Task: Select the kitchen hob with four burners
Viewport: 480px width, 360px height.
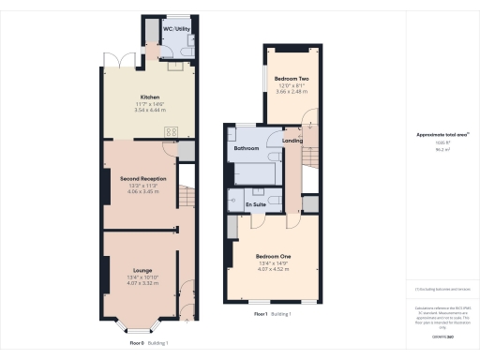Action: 172,132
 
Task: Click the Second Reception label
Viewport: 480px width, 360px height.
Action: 142,178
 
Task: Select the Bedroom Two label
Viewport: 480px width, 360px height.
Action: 292,78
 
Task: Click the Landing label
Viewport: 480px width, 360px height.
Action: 292,141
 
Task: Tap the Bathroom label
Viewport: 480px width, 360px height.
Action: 247,148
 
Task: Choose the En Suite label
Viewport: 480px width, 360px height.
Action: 255,203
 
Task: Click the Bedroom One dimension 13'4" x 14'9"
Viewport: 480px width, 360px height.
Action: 273,262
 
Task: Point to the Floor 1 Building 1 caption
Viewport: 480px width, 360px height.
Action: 273,313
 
